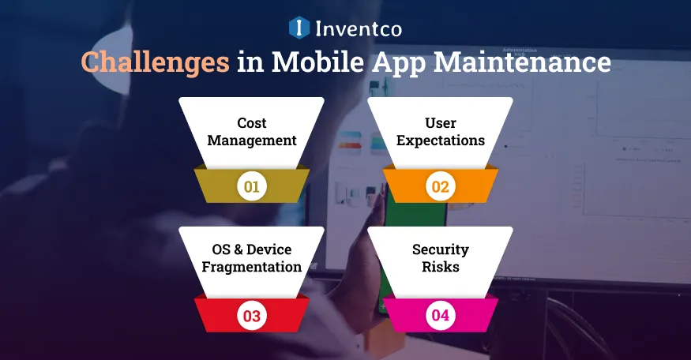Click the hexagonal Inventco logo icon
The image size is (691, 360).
[x=299, y=28]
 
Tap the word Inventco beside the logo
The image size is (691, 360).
[x=358, y=29]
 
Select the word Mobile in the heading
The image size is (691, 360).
[x=314, y=62]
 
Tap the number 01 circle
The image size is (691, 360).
[x=251, y=187]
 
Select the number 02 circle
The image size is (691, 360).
[x=440, y=187]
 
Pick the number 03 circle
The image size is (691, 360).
[x=251, y=317]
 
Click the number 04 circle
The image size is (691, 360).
[x=440, y=317]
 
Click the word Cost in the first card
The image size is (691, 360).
[x=252, y=123]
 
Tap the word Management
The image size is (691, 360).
[x=252, y=141]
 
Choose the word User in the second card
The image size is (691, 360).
[x=441, y=123]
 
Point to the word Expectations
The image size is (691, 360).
[x=441, y=141]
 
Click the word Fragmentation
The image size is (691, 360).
[x=252, y=267]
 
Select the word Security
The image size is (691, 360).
[x=441, y=249]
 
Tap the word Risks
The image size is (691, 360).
[x=441, y=267]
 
